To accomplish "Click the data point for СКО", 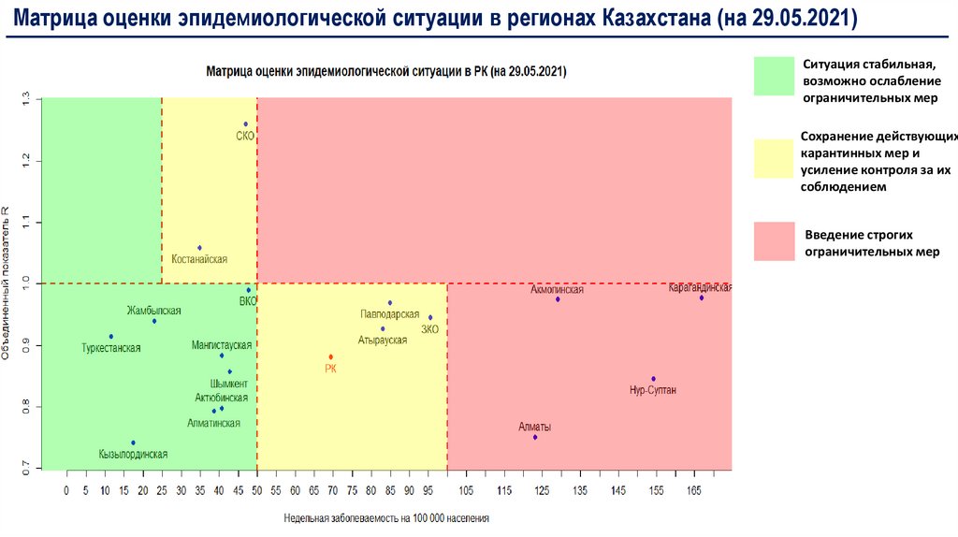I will tap(245, 124).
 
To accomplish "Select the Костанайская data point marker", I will tap(199, 248).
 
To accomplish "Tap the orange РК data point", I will tap(331, 356).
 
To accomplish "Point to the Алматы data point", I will tap(535, 437).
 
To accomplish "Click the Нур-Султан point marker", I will tap(654, 379).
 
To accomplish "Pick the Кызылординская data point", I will tap(133, 443).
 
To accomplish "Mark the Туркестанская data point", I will tap(110, 336).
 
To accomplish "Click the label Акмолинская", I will tap(557, 289).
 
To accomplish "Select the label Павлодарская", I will tap(389, 314).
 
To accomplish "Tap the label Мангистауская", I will tap(222, 344).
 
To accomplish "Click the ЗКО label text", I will tap(429, 329).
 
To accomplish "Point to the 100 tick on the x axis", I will tap(447, 489).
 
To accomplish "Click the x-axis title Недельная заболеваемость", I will tap(387, 516).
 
